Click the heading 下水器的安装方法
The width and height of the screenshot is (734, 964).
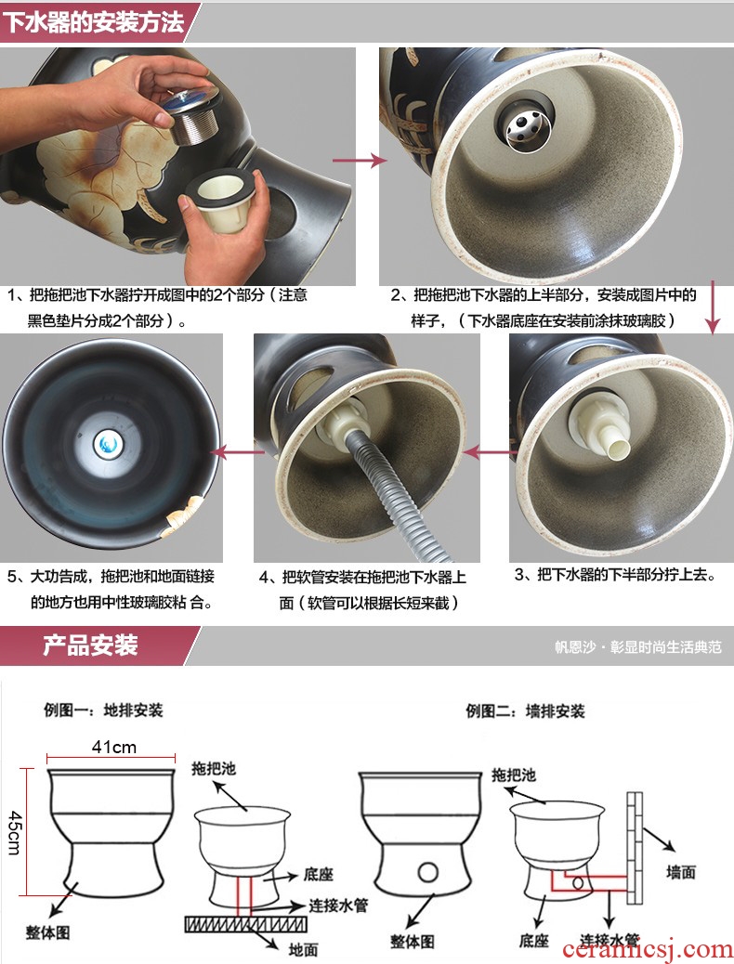[x=94, y=21]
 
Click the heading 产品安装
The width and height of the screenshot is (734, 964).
[x=90, y=645]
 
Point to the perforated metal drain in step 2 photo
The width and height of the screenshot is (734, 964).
[x=526, y=123]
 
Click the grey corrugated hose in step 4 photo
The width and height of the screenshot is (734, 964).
[x=394, y=492]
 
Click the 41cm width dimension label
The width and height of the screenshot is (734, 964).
[x=114, y=747]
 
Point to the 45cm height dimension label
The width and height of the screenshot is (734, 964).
[x=15, y=832]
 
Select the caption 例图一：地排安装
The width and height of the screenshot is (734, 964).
[x=103, y=710]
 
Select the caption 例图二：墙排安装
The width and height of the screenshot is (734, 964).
[x=525, y=711]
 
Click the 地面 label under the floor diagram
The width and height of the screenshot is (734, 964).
[x=303, y=949]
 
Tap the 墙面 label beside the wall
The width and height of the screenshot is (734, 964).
[x=681, y=871]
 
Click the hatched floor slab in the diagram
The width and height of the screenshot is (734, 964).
[x=245, y=924]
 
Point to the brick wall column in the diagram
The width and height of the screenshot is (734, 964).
[x=635, y=848]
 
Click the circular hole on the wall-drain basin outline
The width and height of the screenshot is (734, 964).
[x=427, y=871]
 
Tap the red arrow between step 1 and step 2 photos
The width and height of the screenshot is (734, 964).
[x=360, y=161]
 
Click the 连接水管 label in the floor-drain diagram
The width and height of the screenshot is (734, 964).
[x=338, y=905]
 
